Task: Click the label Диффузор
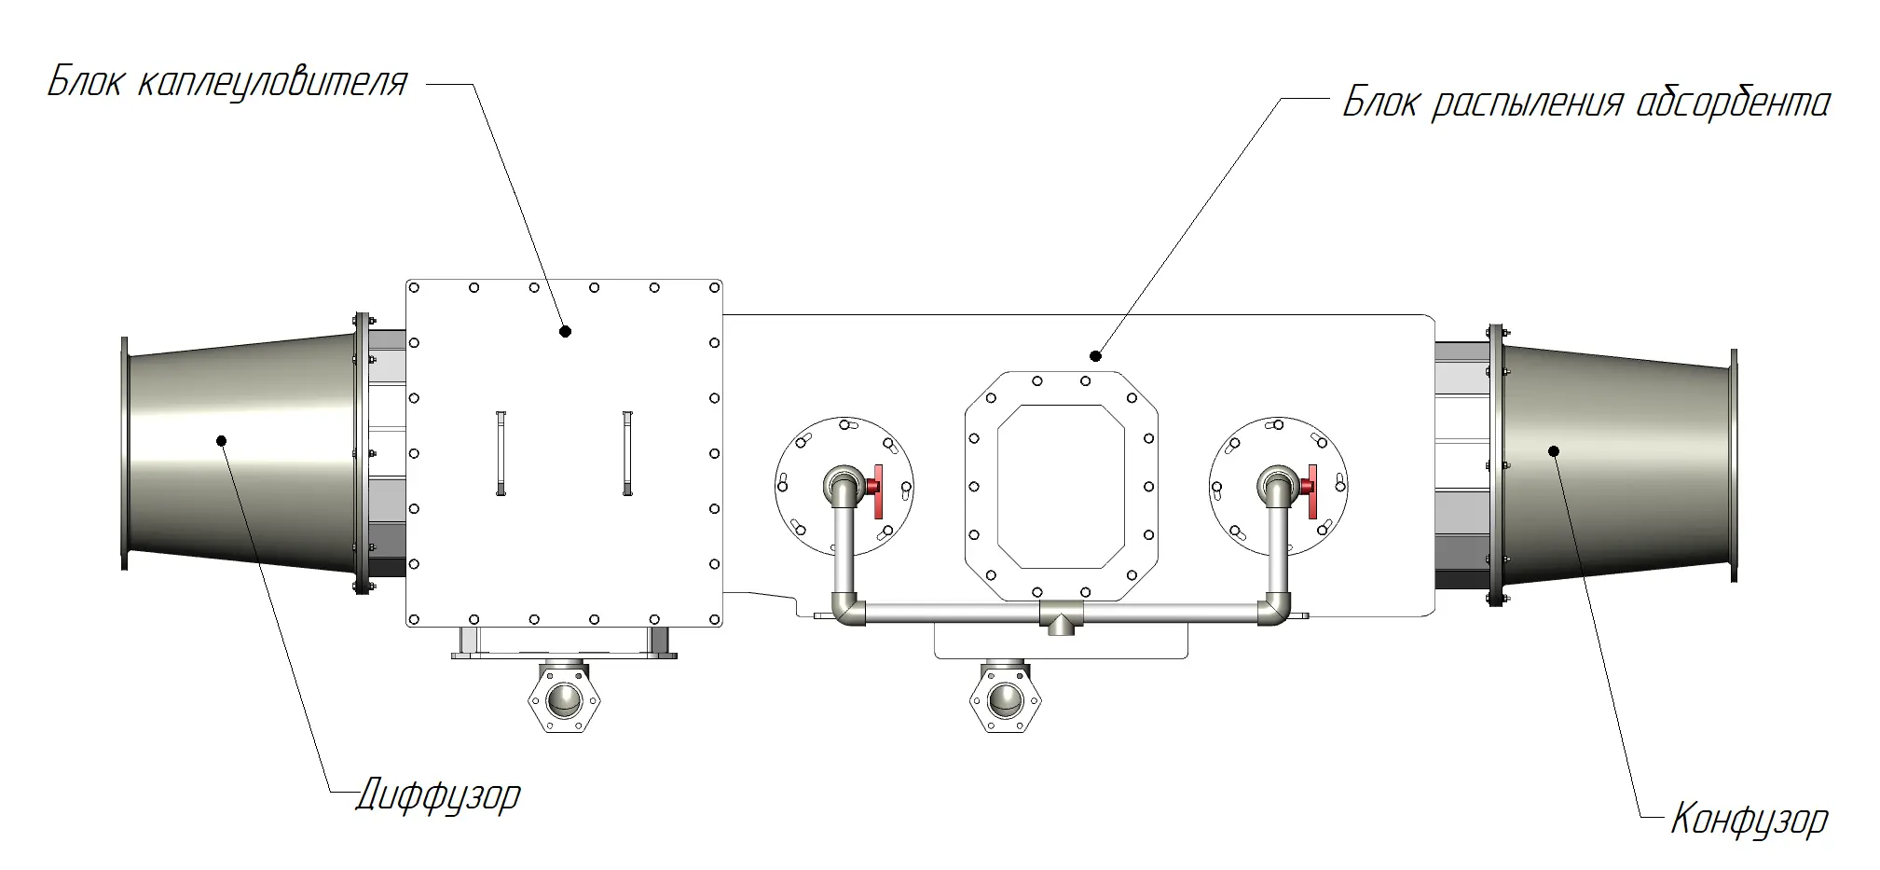tap(438, 796)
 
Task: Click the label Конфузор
tap(1749, 820)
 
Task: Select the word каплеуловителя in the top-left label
tap(272, 82)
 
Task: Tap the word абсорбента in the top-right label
tap(1733, 103)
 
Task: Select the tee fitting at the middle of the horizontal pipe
tap(1061, 616)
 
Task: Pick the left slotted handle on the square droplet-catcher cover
tap(501, 452)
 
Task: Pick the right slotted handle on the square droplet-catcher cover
tap(627, 452)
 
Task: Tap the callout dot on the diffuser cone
tap(222, 440)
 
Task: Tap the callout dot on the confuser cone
tap(1554, 451)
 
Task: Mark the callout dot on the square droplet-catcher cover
tap(565, 331)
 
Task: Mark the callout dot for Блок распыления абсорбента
tap(1096, 355)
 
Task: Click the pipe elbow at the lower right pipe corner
tap(1275, 609)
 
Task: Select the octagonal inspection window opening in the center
tap(1062, 486)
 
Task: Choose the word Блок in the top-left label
tap(85, 82)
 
